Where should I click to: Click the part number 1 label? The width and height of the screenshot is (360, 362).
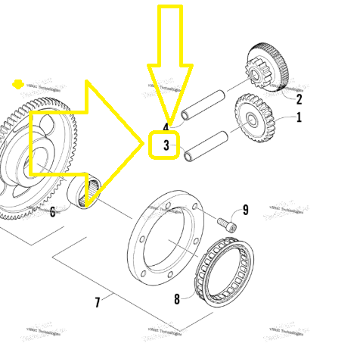298,117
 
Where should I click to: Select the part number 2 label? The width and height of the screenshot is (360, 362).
299,98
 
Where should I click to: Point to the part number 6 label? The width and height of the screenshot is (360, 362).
52,211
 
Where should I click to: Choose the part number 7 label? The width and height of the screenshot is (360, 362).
98,303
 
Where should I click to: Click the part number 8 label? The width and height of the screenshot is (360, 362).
177,299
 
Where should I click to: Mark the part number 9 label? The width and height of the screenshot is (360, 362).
245,210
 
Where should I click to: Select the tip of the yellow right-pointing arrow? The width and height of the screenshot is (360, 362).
143,142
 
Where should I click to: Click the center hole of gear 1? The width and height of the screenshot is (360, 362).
250,118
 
